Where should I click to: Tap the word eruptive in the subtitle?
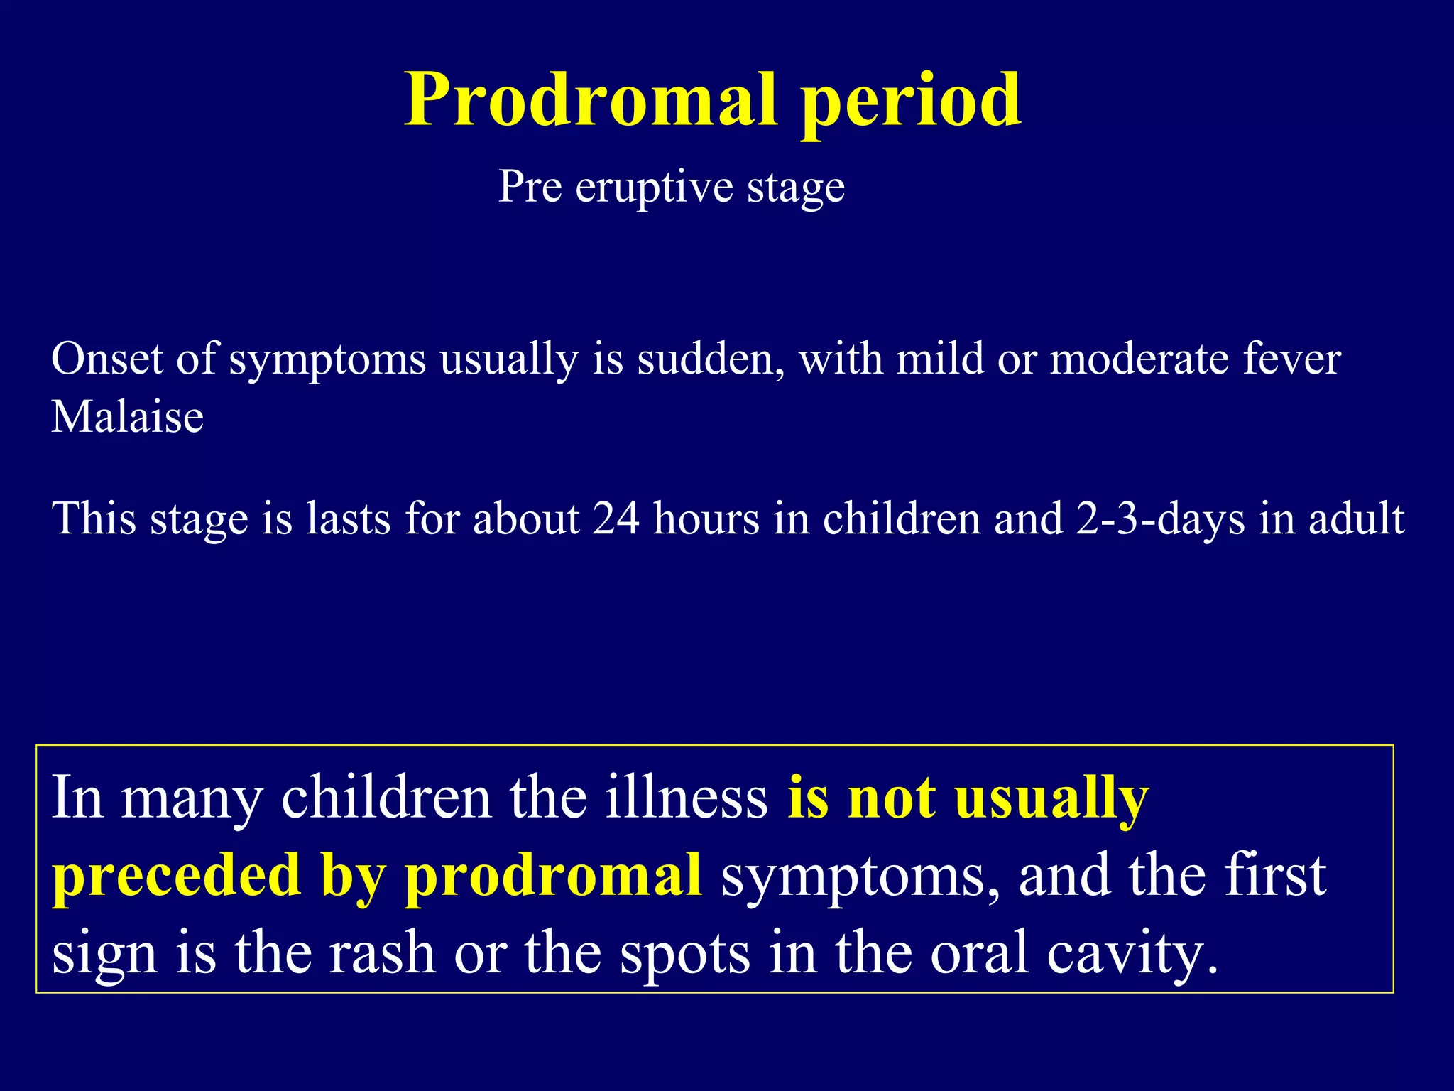click(654, 188)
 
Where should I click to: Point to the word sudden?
click(711, 359)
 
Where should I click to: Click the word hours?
click(706, 519)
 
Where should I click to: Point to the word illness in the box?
click(687, 798)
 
